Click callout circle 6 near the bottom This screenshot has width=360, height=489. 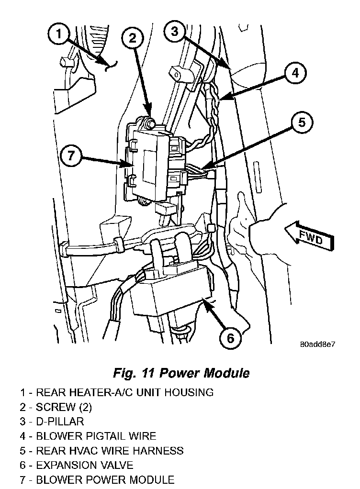[x=231, y=338]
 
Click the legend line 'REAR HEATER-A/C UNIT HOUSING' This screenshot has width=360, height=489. [x=116, y=393]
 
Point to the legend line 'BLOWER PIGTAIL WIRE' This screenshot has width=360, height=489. [x=88, y=436]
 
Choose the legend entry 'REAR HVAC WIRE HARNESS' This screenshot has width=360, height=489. [x=101, y=450]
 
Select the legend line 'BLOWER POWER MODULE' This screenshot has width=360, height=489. [x=97, y=479]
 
